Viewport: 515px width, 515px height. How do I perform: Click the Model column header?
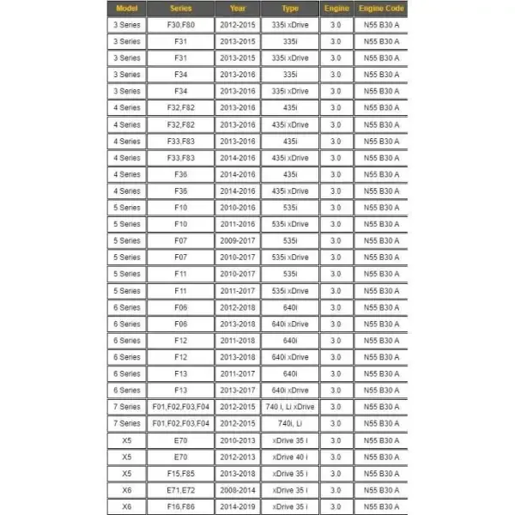coord(127,9)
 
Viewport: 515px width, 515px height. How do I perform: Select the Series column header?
coord(181,9)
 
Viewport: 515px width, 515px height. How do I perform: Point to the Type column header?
coord(290,9)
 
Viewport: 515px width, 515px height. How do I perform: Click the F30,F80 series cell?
coord(181,25)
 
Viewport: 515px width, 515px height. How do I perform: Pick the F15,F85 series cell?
coord(181,473)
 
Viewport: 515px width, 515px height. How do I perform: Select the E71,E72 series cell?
coord(181,489)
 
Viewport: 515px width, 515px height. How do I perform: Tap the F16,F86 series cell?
coord(181,506)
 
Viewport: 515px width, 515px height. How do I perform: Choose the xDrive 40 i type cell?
coord(290,457)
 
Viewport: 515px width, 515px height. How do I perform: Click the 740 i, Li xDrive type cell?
coord(290,407)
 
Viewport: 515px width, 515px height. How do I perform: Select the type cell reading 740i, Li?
coord(290,423)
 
